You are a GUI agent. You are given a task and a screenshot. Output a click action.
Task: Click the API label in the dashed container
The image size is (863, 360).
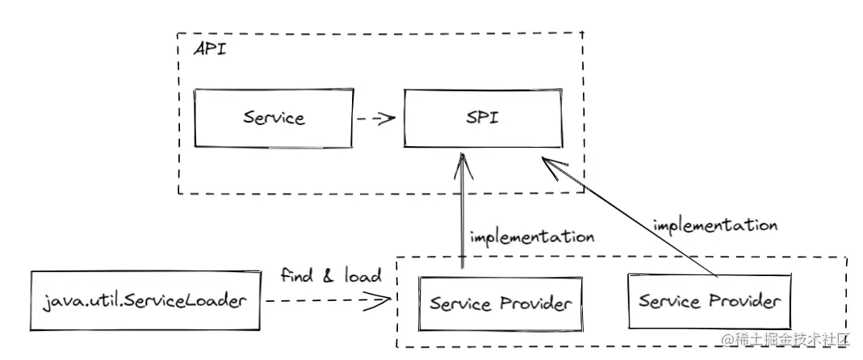coord(209,49)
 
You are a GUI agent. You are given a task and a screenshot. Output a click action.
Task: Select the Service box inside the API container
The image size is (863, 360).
coord(274,118)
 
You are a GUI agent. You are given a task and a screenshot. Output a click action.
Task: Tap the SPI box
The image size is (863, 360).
coord(482,118)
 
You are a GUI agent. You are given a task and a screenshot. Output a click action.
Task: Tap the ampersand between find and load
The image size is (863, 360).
coord(329,275)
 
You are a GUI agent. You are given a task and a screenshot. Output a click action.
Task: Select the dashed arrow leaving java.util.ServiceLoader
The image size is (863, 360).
coord(323,302)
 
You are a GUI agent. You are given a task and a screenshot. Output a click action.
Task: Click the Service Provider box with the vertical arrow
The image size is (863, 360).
coord(501,303)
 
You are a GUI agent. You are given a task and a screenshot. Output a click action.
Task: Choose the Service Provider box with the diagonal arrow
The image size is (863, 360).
coord(710,302)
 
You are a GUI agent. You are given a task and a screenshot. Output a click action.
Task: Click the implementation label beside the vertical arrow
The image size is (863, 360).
coord(532,237)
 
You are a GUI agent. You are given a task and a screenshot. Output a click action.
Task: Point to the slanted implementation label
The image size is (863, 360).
coord(715,224)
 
